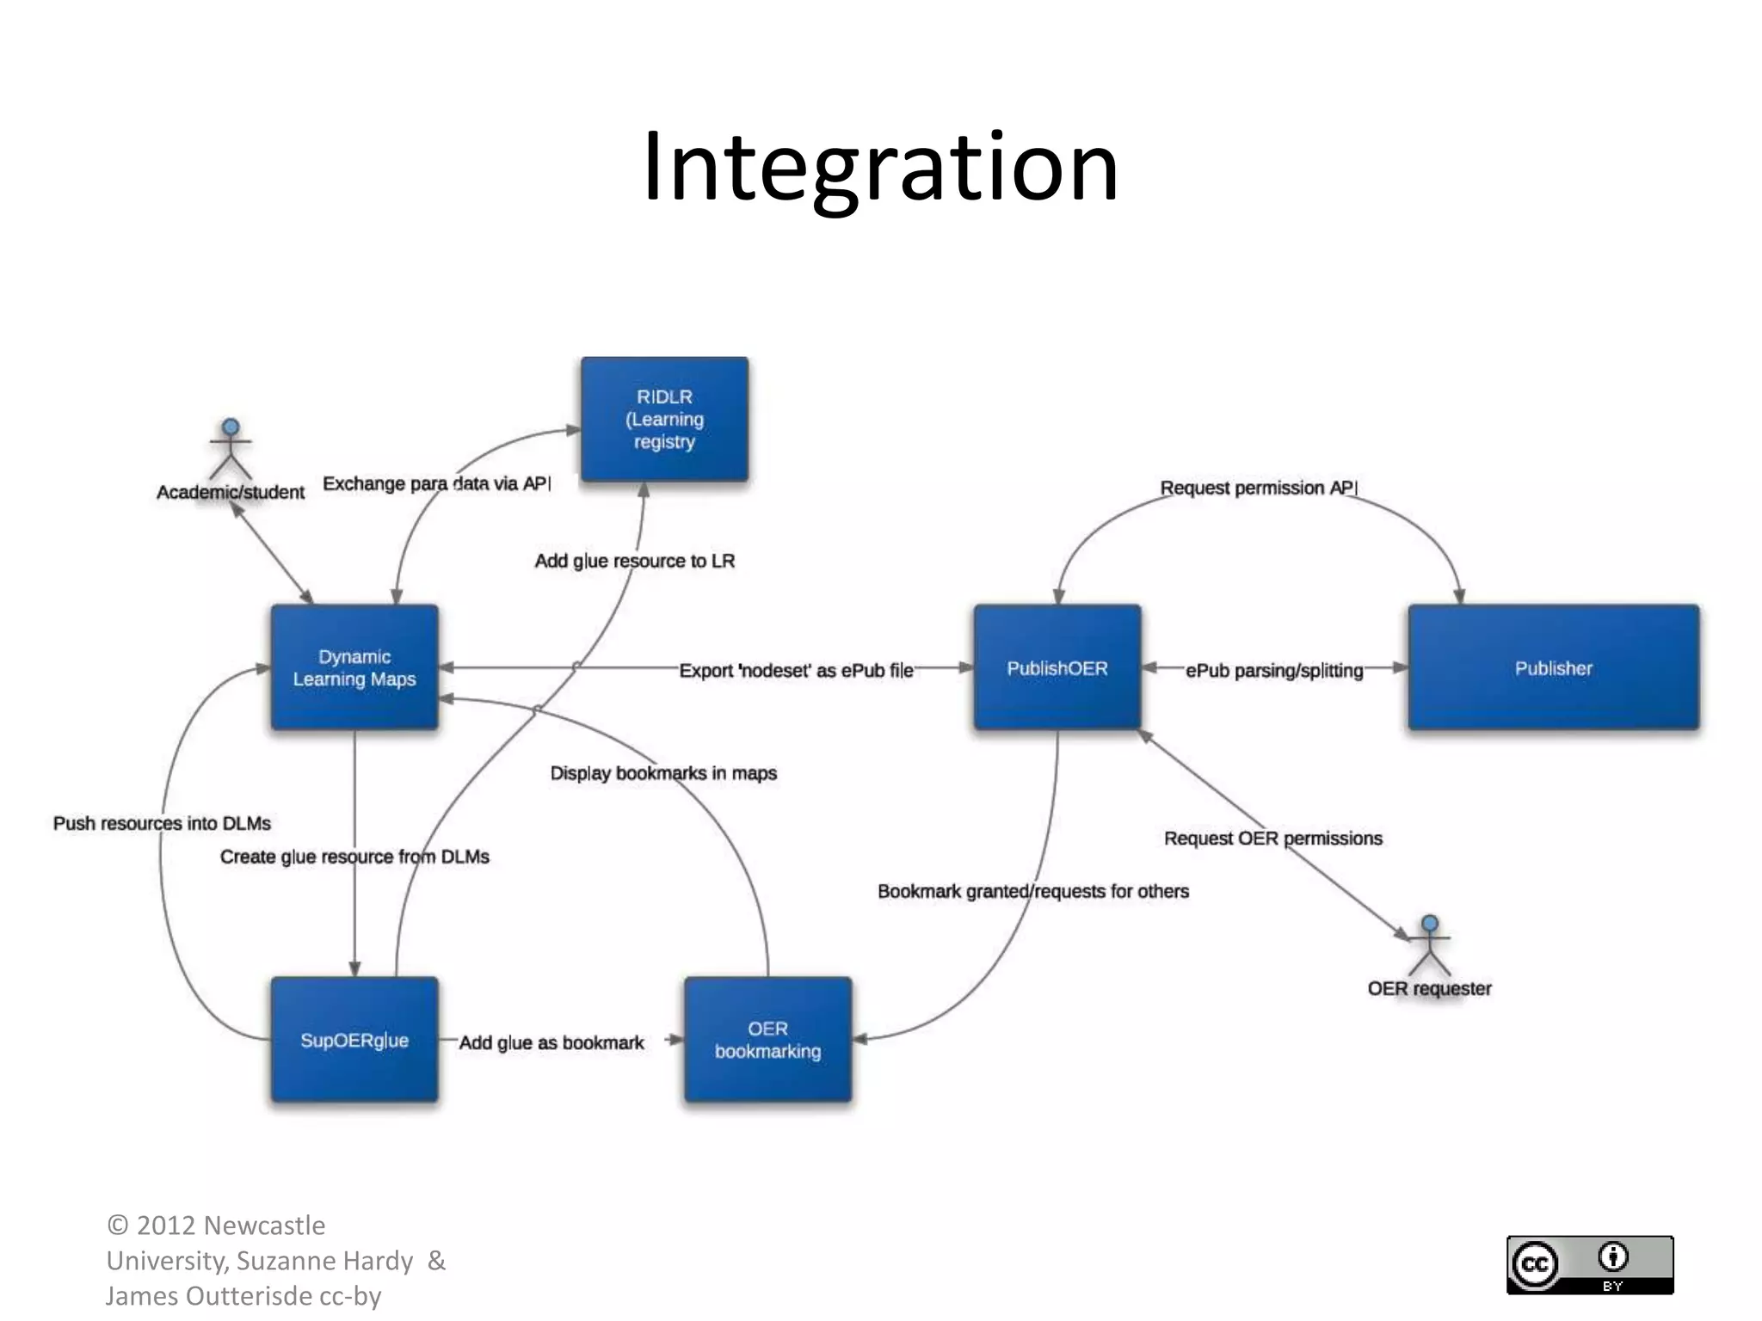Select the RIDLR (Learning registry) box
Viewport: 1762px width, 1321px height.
(x=664, y=419)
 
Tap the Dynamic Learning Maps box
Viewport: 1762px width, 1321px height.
(x=354, y=667)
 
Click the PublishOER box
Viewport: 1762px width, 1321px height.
(x=1057, y=667)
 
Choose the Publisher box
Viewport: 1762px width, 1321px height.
(x=1553, y=667)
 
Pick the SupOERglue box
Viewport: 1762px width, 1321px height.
(x=354, y=1039)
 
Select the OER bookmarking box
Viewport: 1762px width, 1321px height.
(x=767, y=1039)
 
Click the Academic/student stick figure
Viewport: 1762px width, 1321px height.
(x=231, y=449)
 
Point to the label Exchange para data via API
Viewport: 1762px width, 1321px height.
(x=436, y=483)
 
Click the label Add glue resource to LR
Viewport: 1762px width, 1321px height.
(x=635, y=561)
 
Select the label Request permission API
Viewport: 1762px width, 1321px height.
(x=1258, y=488)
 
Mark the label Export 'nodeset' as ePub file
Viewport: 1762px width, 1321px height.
(x=796, y=670)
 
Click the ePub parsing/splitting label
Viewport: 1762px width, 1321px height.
(x=1274, y=670)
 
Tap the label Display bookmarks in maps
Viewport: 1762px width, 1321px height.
(x=663, y=772)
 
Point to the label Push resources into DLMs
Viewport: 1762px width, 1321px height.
(x=162, y=823)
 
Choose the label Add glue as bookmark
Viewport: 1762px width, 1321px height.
(x=551, y=1042)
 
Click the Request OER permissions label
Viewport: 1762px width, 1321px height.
(x=1272, y=838)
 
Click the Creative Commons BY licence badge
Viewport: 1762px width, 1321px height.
(x=1589, y=1264)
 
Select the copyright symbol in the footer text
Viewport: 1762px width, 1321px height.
(x=118, y=1226)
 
